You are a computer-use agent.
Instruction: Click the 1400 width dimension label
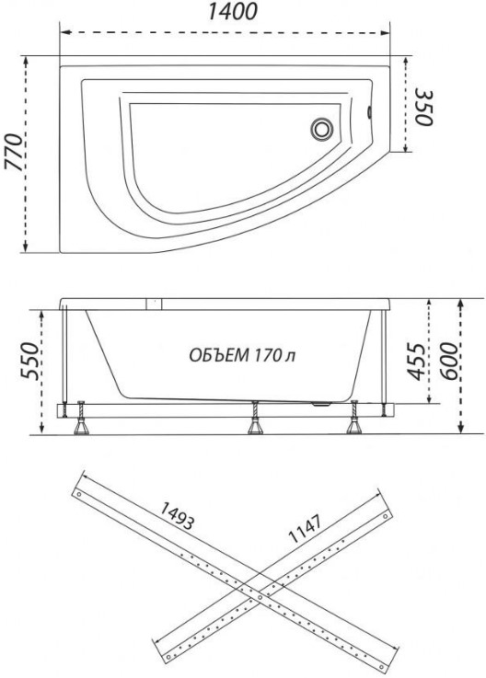coord(233,12)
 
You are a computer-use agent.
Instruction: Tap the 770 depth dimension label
coord(14,153)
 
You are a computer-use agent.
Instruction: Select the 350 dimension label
coord(424,108)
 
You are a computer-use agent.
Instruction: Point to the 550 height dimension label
coord(31,361)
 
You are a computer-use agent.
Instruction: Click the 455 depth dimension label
coord(416,362)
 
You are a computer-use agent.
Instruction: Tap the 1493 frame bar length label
coord(177,516)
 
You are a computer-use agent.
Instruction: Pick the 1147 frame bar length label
coord(306,528)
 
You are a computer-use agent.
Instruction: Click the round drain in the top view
coord(321,129)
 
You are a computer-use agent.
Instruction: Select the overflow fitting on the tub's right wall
coord(369,112)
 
